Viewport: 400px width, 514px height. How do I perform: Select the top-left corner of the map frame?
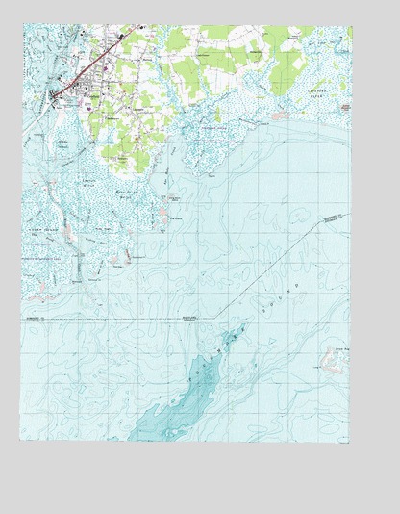click(x=21, y=26)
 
